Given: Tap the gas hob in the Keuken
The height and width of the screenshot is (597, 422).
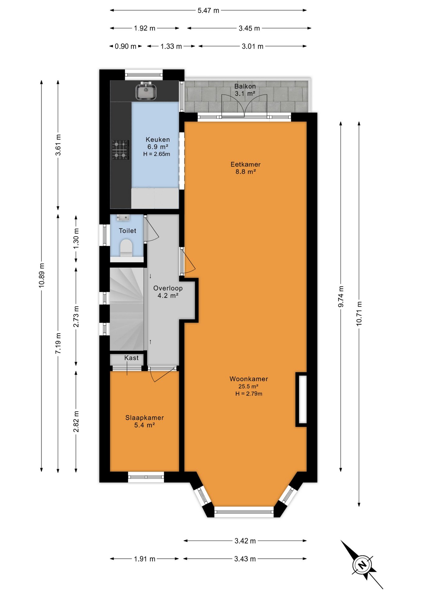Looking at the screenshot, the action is coord(121,150).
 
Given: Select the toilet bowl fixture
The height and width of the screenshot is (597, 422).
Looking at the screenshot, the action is coord(126,248).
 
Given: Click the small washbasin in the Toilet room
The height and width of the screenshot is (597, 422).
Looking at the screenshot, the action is coord(123,217).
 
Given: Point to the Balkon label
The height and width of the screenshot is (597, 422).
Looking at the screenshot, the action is coord(245,86).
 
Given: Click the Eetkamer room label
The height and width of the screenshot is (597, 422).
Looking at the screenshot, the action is coord(245,164).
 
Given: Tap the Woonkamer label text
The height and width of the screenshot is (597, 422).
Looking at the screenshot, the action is coord(249,379).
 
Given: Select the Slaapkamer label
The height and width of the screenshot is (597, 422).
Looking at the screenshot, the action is coord(144,418).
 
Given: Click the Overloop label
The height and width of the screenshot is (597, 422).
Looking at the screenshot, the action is coord(168,288).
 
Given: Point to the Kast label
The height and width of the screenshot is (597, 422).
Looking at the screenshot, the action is coord(131,358).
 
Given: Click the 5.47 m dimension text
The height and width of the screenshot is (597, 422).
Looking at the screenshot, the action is coord(208,11).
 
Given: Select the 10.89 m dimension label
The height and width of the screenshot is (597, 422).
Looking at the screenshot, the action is coord(42,275).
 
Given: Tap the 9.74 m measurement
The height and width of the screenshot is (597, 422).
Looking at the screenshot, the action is coord(341,297).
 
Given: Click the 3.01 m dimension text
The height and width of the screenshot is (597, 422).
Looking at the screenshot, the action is coord(252,46).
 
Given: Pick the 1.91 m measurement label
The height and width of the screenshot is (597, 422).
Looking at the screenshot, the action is coord(144,559).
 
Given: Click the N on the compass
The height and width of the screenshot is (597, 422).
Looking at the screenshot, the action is coord(362,565).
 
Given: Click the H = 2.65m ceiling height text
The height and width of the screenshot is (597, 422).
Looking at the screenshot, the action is coord(157,154).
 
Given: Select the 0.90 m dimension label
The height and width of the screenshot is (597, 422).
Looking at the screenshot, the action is coord(126,46).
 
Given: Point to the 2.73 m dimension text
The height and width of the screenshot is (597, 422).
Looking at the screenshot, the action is coord(76,316).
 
